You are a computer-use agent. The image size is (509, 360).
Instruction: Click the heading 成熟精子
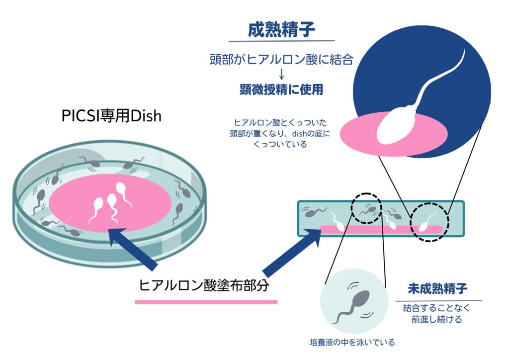281,30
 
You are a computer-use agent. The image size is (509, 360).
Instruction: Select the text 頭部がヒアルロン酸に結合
281,59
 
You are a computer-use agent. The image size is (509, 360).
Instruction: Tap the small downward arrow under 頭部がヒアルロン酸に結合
281,74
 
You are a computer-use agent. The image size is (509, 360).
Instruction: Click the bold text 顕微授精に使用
281,90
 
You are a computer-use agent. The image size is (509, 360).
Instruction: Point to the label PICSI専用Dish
111,116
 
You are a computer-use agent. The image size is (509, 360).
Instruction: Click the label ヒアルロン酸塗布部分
204,285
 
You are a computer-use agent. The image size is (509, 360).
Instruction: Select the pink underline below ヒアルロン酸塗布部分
206,302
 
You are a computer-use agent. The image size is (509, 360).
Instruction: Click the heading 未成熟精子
437,288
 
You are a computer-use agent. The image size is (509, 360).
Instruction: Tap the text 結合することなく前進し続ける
436,314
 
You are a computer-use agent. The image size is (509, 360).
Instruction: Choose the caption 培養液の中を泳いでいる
352,342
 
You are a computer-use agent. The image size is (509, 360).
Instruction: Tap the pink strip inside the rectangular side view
381,229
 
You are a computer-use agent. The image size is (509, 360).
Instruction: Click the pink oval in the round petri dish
110,203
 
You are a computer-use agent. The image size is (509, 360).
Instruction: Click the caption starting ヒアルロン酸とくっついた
280,133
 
